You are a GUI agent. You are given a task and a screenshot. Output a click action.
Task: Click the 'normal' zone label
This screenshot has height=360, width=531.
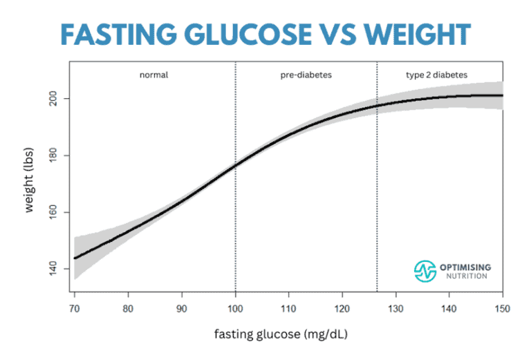pos(154,74)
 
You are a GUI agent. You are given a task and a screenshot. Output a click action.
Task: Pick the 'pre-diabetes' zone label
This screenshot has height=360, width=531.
pos(306,74)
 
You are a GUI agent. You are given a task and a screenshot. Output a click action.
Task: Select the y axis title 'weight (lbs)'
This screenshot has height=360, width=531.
pos(30,182)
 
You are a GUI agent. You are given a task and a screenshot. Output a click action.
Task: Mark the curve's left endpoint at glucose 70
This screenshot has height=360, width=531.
pos(75,258)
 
